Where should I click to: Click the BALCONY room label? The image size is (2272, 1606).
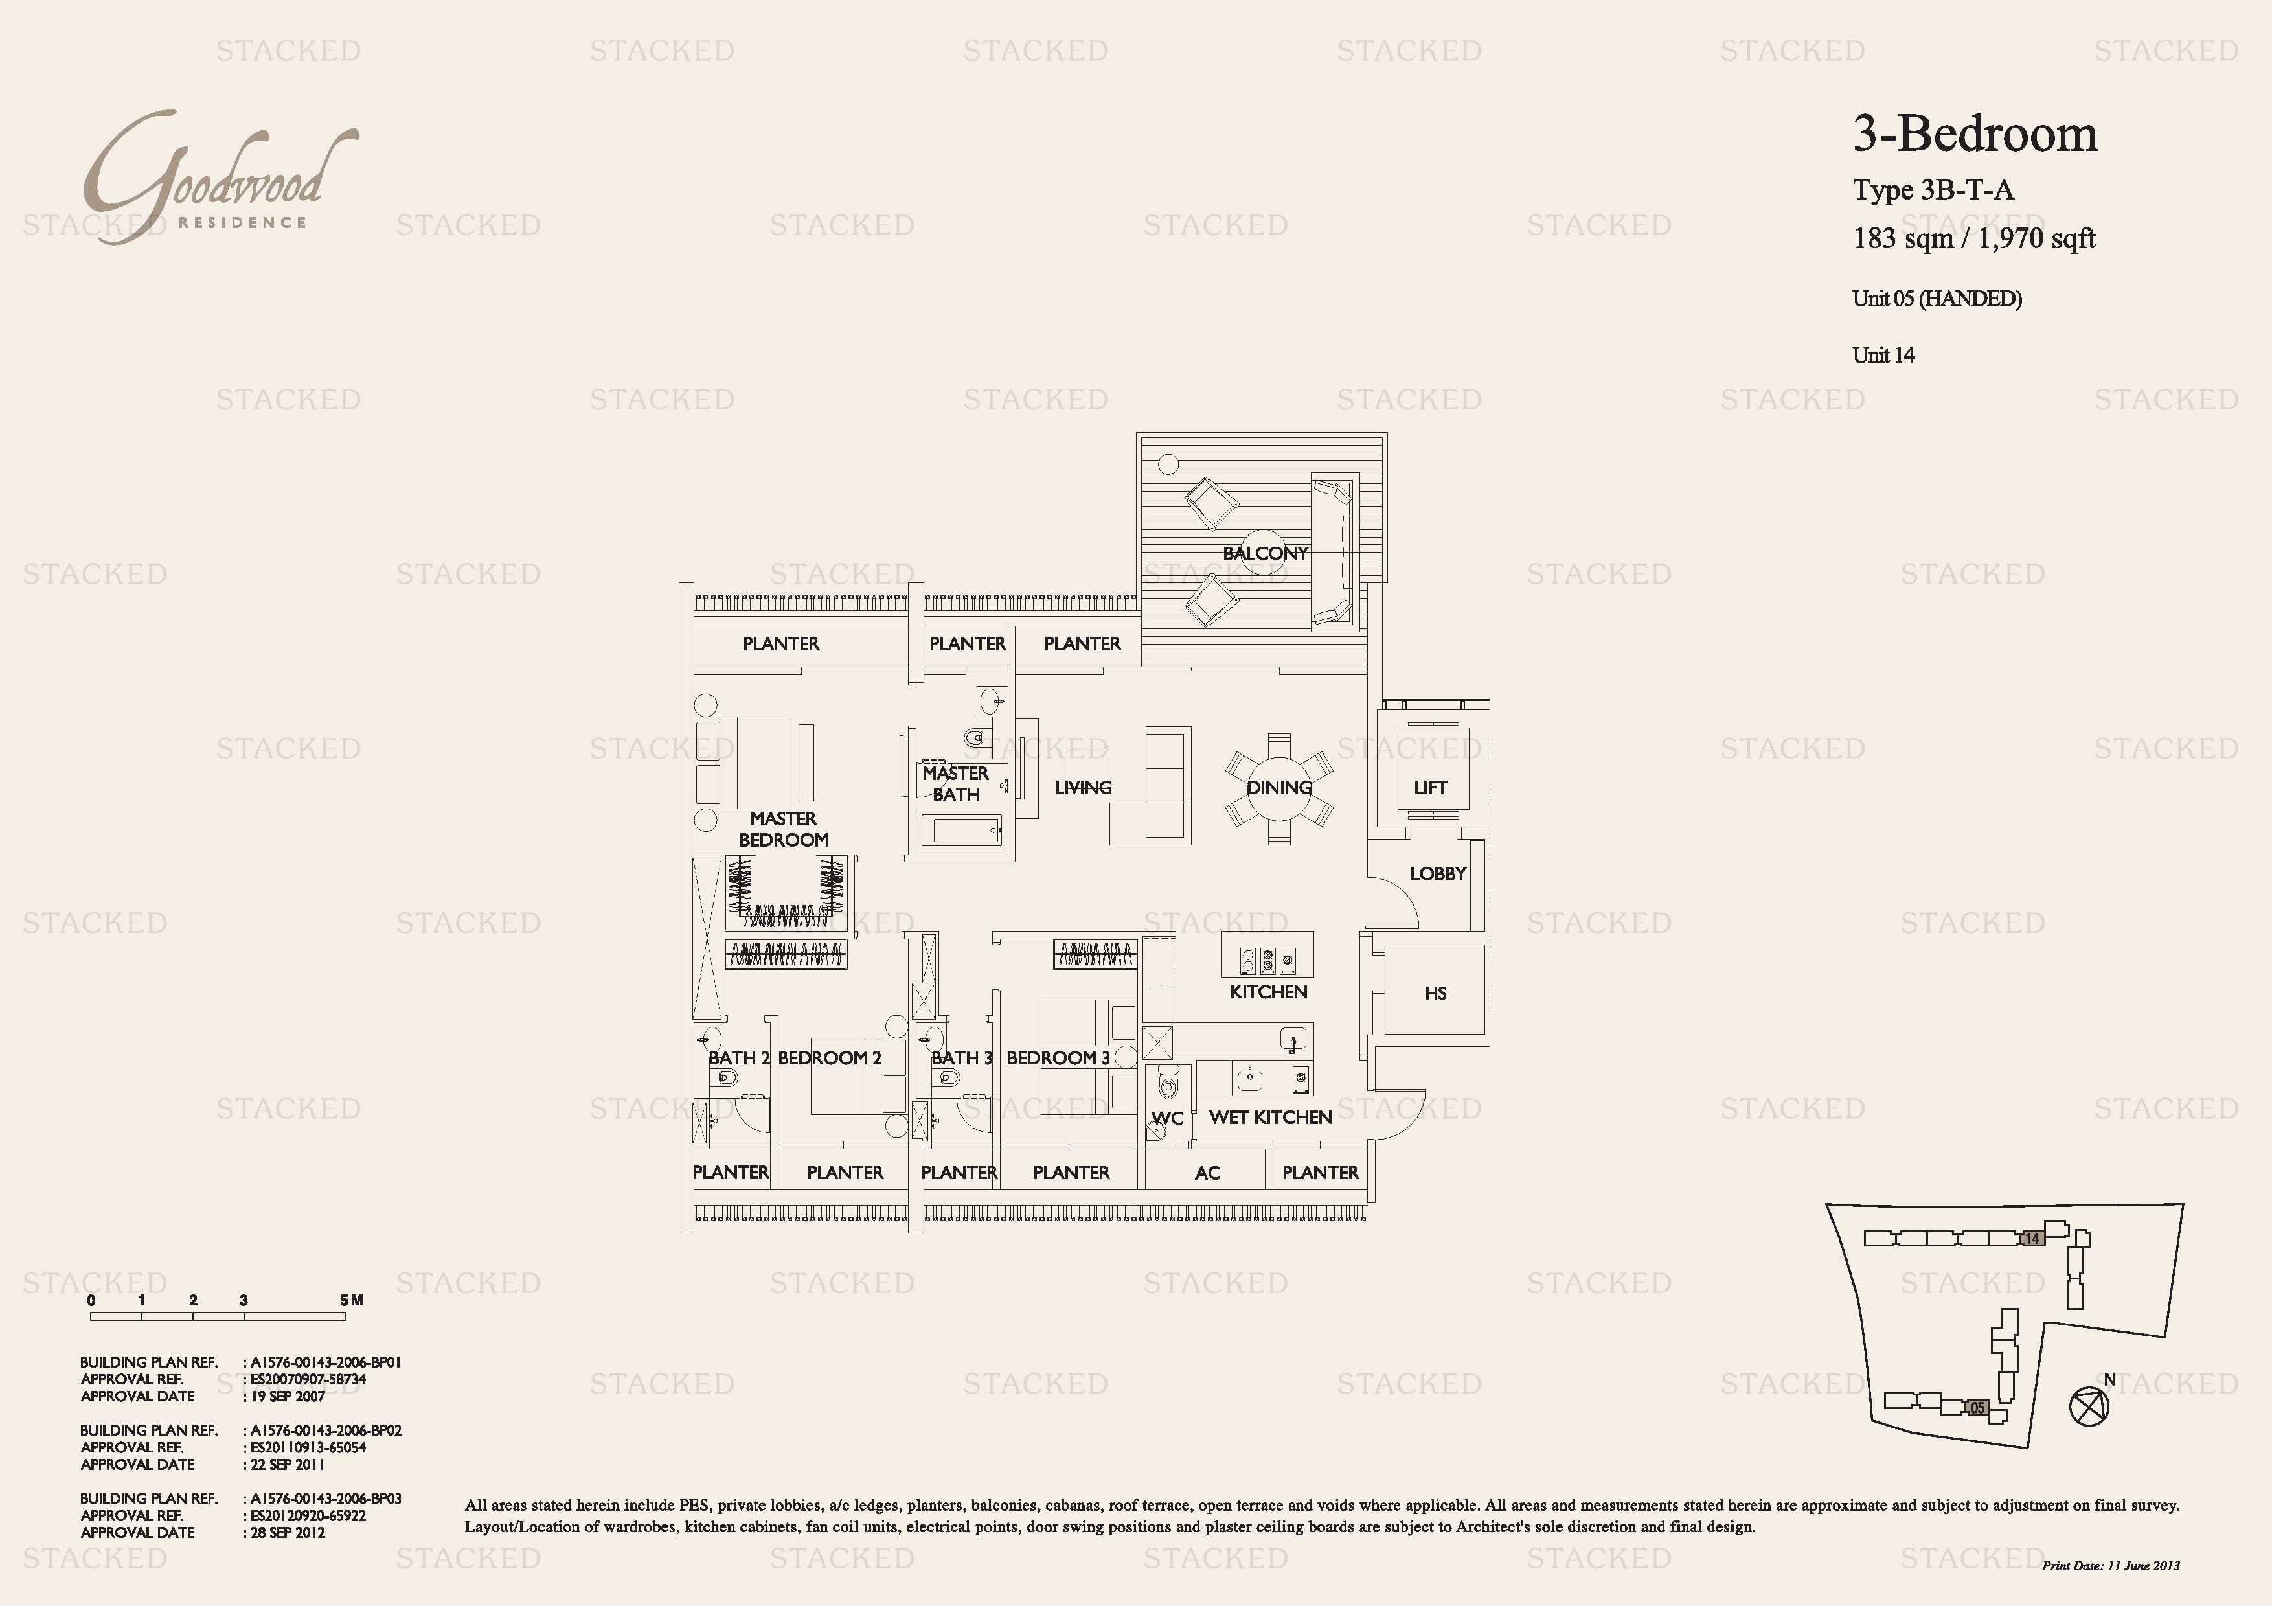1265,553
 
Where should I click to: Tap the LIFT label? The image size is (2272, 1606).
1430,788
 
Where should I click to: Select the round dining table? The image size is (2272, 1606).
1278,788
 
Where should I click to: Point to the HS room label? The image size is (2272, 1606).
1435,994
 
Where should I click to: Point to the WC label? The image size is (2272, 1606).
1168,1118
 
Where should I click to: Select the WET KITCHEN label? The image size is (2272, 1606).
1271,1117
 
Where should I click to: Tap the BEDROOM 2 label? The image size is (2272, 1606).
829,1058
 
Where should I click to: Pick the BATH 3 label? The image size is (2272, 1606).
962,1058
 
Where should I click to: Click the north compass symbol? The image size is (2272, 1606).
2089,1405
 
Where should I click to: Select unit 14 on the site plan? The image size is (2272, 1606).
2032,1238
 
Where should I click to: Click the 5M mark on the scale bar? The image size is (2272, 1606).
351,1300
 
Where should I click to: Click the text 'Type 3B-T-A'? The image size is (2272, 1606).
1933,190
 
